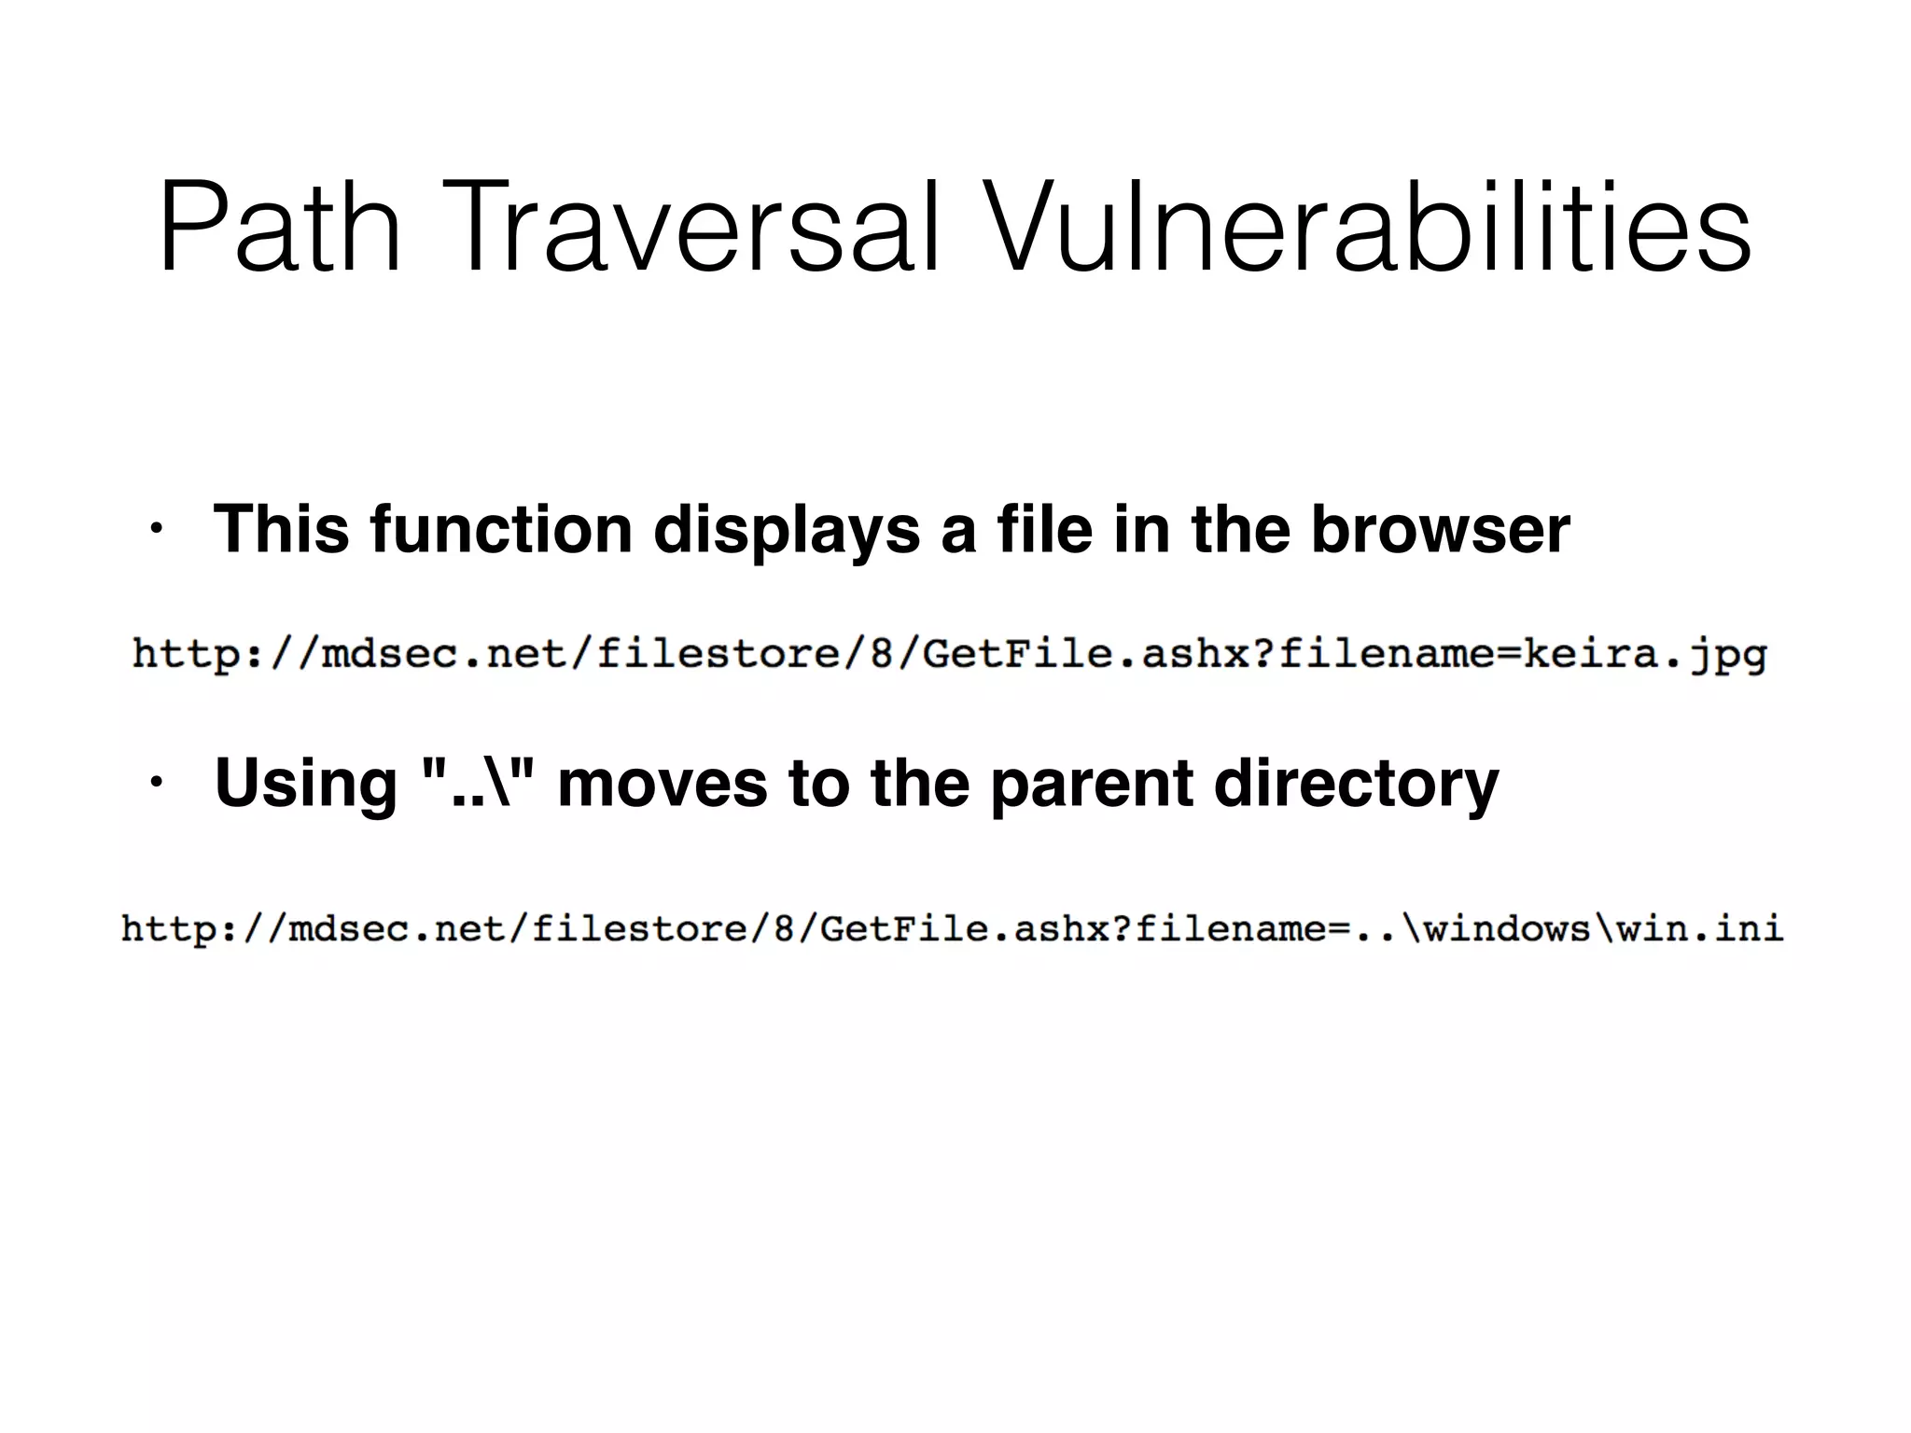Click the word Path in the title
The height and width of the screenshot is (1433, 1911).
280,230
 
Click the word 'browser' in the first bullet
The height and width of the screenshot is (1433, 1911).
1440,529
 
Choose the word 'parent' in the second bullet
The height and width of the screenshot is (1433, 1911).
1091,784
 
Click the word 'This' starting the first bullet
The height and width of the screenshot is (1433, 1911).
281,529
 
